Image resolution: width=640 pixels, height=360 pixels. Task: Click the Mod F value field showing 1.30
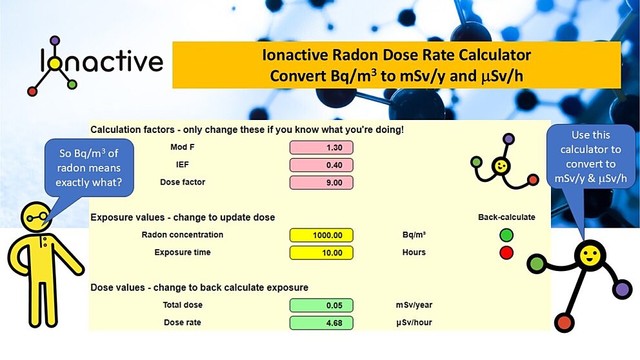[x=321, y=148]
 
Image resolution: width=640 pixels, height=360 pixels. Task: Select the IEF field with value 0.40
[x=321, y=165]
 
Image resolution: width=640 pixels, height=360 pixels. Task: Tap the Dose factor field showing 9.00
[x=321, y=183]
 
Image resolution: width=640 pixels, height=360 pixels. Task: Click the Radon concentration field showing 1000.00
[x=321, y=235]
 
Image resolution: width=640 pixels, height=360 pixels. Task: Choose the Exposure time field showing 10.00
[x=321, y=253]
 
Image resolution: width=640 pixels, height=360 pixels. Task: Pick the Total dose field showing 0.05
[x=321, y=305]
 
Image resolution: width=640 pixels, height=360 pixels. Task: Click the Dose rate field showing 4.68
[x=321, y=323]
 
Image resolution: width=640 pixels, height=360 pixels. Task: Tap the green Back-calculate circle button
[x=506, y=235]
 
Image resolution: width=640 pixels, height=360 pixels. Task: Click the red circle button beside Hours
[x=506, y=253]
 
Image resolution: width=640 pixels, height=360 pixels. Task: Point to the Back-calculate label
[x=506, y=217]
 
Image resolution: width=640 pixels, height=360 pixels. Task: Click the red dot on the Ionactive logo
[x=32, y=91]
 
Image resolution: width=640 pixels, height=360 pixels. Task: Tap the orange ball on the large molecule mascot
[x=565, y=321]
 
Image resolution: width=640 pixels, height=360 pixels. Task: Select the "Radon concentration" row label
[x=183, y=235]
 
